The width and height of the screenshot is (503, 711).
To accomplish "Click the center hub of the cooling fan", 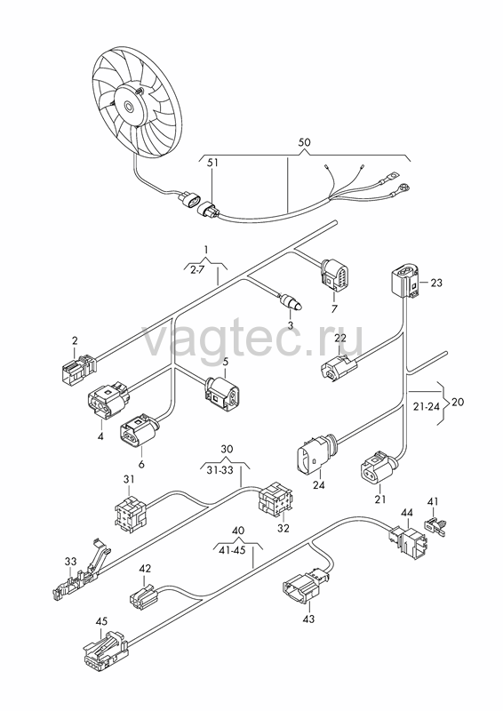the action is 129,108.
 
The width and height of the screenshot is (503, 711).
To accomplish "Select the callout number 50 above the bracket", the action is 304,142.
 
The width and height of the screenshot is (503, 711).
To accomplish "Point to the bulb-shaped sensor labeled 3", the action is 291,301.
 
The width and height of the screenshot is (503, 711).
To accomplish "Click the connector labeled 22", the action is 339,367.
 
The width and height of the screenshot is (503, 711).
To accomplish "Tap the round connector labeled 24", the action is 315,456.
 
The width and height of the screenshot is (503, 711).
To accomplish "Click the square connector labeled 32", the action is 275,502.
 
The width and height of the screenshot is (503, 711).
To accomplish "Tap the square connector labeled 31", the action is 130,513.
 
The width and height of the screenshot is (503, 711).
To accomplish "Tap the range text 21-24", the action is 427,406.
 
